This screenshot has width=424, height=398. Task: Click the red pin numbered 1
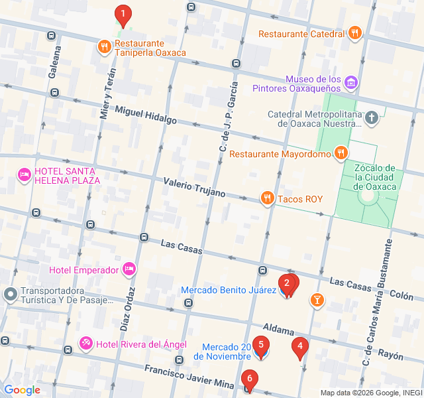click(123, 15)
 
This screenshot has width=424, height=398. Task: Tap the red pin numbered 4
click(300, 347)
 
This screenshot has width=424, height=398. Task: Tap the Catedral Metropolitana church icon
click(372, 119)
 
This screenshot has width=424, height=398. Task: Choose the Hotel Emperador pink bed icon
click(129, 269)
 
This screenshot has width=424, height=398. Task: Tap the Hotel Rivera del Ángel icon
click(86, 343)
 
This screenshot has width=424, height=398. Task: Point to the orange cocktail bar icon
click(317, 300)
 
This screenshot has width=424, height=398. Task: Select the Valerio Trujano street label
click(194, 187)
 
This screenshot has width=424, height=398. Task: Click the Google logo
click(22, 390)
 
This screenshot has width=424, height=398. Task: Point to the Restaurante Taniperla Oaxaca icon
click(104, 46)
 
